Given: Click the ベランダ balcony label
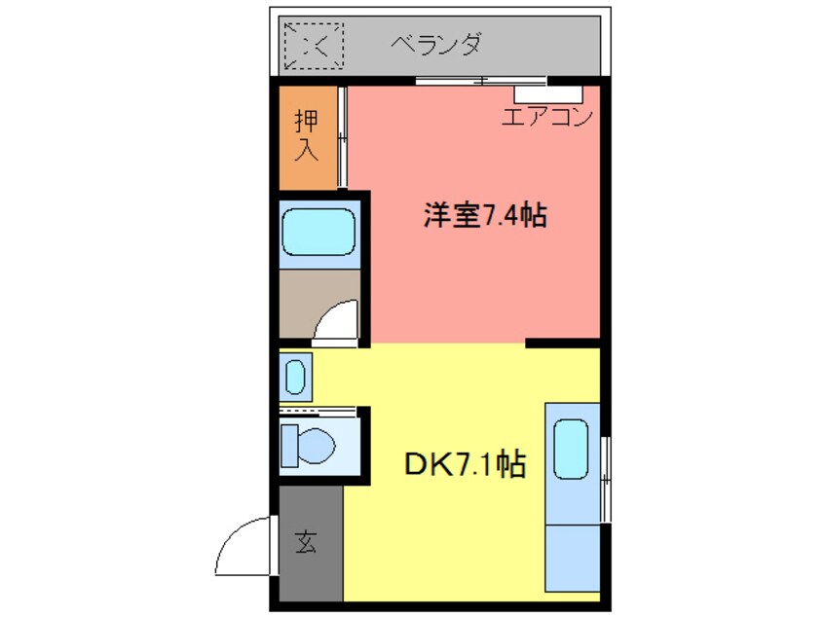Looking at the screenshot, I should pyautogui.click(x=436, y=43).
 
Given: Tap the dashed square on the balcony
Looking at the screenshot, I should pyautogui.click(x=314, y=45).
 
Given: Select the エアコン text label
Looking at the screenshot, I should pyautogui.click(x=548, y=118).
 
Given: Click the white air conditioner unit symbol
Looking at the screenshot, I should pyautogui.click(x=548, y=93).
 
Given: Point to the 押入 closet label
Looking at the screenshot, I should pyautogui.click(x=307, y=135).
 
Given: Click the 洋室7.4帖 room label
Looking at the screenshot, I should pyautogui.click(x=484, y=215).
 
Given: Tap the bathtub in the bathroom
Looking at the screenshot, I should pyautogui.click(x=318, y=231).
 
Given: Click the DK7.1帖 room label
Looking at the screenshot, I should pyautogui.click(x=465, y=465).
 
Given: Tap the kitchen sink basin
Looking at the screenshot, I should pyautogui.click(x=572, y=449).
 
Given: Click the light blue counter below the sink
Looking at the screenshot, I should pyautogui.click(x=572, y=555).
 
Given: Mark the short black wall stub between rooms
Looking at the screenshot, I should pyautogui.click(x=561, y=343).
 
